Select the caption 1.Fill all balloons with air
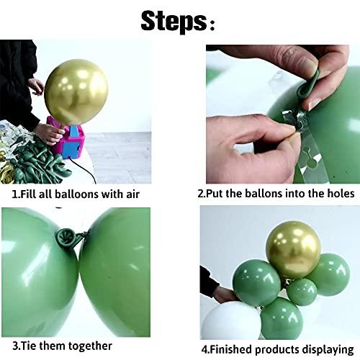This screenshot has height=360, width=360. point(76,194)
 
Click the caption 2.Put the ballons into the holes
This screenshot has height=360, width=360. point(276,194)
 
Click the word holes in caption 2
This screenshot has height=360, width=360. point(338,194)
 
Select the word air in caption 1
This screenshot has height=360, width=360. point(131,194)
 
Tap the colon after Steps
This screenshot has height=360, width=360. point(212,26)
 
